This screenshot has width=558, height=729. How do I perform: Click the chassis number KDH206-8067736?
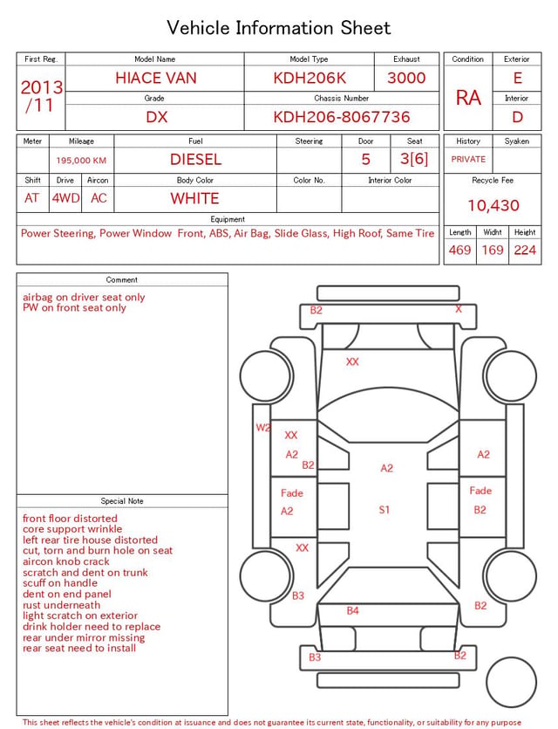pos(341,117)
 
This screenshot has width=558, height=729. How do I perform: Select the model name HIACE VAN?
pos(156,78)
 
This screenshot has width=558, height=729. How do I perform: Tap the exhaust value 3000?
pos(406,78)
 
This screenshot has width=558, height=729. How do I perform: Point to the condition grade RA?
pos(468,98)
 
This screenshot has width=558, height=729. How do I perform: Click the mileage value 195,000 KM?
pos(81,161)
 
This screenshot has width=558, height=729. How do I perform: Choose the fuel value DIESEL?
pos(195,160)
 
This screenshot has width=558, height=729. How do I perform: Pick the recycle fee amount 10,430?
pos(493,205)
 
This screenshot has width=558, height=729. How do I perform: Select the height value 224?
pos(525,250)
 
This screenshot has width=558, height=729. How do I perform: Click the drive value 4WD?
pos(65,198)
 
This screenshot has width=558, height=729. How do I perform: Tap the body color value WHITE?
pos(194,198)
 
